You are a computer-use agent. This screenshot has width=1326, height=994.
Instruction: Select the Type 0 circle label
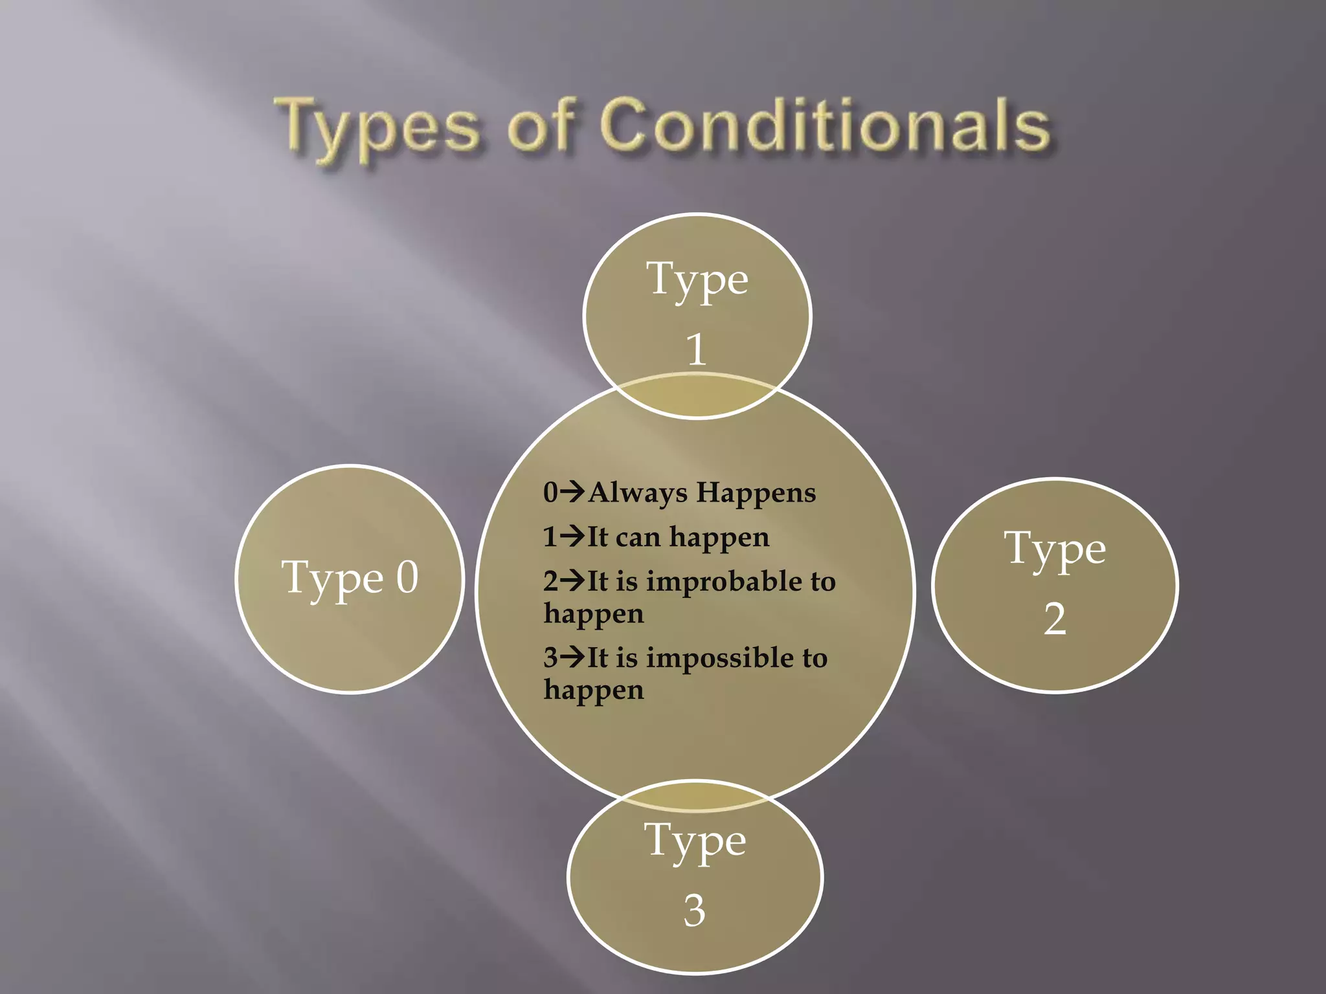pos(350,577)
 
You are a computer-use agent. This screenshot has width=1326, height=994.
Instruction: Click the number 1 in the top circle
pos(696,349)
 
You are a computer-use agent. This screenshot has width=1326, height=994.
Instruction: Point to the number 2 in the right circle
pos(1055,619)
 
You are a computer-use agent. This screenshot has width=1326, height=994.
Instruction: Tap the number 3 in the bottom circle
pos(694,911)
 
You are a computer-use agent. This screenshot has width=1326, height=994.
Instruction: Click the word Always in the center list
pos(637,493)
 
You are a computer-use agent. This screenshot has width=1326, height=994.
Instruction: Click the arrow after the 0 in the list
pos(572,492)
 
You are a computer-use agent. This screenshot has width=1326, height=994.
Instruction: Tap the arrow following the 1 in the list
pos(572,536)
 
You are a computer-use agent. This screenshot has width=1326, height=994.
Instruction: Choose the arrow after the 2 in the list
pos(572,580)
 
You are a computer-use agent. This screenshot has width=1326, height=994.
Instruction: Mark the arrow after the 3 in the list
pos(572,657)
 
